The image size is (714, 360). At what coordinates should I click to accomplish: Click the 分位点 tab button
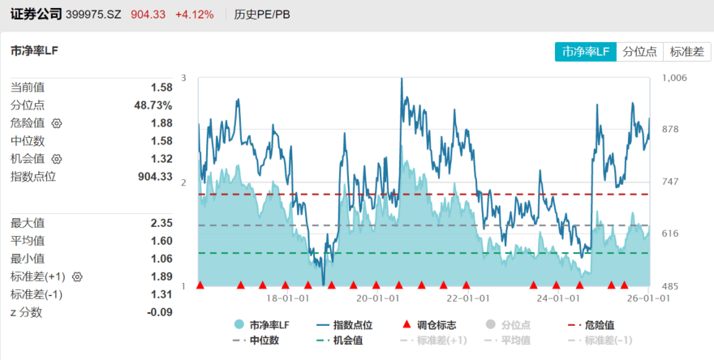640,52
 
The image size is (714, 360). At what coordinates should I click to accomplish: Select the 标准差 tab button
686,52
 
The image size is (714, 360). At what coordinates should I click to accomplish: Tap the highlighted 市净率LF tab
586,52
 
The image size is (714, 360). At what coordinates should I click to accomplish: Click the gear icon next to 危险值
57,123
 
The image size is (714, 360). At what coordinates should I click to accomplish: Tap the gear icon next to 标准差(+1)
78,276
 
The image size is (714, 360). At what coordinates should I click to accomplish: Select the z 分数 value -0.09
159,312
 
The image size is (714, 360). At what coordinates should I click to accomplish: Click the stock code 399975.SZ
93,15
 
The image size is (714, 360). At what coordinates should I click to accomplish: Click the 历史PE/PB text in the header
261,15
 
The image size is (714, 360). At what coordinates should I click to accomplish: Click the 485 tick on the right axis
670,286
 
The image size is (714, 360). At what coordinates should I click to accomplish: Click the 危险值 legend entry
599,325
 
